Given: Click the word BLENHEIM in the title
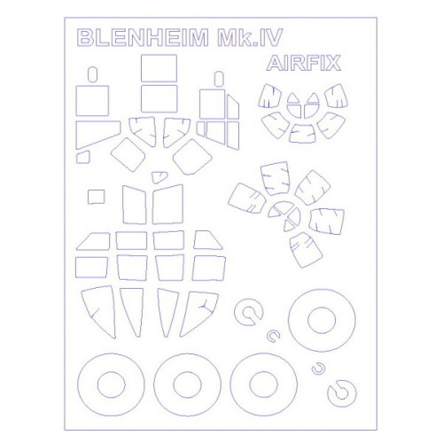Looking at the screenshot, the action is [x=143, y=37].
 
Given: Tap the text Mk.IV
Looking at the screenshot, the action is [x=250, y=37].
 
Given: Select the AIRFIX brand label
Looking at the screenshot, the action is [x=304, y=63].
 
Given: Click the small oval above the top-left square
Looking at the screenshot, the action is [x=93, y=74].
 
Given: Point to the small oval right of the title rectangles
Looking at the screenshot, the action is [x=219, y=79].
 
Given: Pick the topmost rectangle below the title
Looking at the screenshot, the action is [x=159, y=68].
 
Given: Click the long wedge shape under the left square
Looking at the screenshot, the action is [x=98, y=135].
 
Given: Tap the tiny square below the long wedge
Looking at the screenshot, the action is [x=82, y=157].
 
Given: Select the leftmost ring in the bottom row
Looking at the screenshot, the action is [x=78, y=385].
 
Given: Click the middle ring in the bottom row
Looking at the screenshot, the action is [x=154, y=385].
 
